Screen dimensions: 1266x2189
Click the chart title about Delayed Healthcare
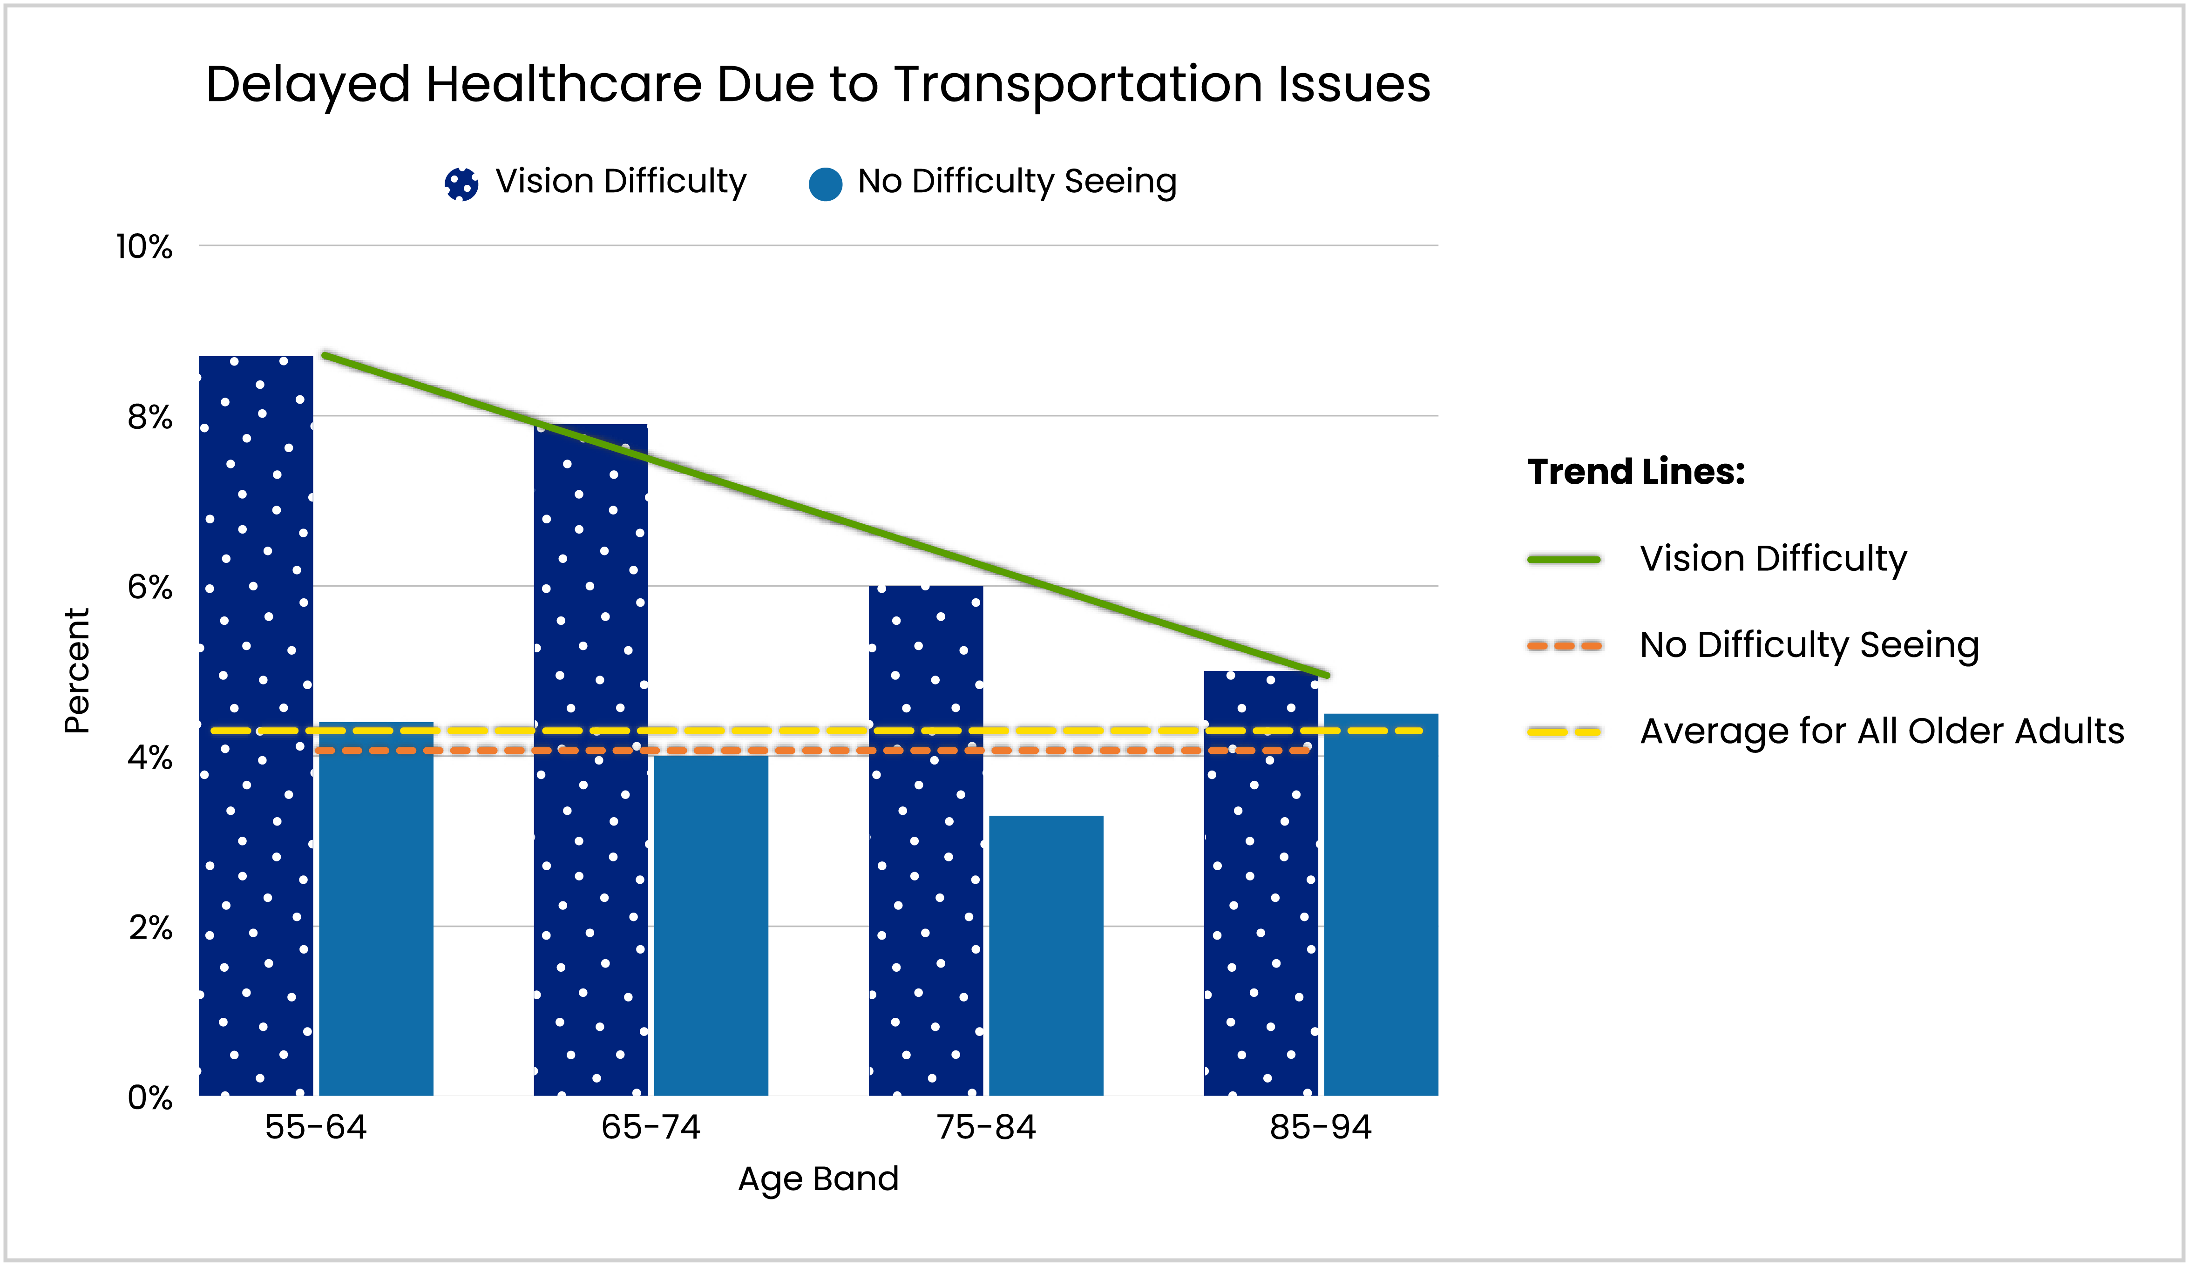pos(817,85)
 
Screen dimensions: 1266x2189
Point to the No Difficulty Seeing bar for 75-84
pos(1046,955)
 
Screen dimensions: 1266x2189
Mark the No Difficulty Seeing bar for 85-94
pos(1380,912)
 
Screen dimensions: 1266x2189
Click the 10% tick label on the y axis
pos(144,247)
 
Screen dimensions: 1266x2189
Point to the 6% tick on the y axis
pos(149,588)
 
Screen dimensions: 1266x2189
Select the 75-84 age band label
pos(986,1127)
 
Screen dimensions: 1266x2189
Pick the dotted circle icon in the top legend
pos(461,183)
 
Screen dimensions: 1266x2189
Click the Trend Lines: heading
pos(1636,472)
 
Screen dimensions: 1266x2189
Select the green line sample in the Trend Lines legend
pos(1564,559)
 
